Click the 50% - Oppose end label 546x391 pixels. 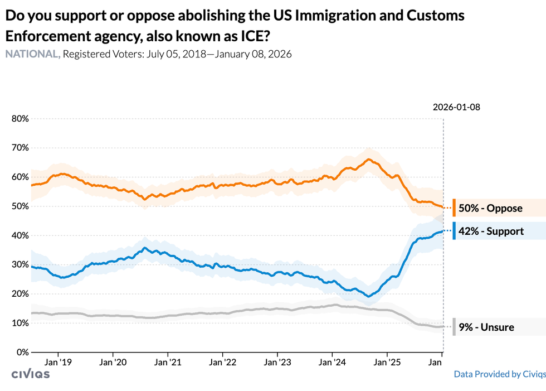pyautogui.click(x=490, y=208)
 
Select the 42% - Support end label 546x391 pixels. pyautogui.click(x=491, y=231)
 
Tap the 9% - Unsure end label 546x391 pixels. pyautogui.click(x=486, y=327)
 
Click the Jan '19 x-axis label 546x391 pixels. pyautogui.click(x=58, y=363)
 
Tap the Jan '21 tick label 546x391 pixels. pyautogui.click(x=168, y=363)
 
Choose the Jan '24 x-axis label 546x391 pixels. pyautogui.click(x=332, y=363)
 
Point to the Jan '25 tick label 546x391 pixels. pyautogui.click(x=387, y=363)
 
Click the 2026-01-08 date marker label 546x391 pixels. pyautogui.click(x=456, y=107)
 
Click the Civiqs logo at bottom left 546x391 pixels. pyautogui.click(x=31, y=374)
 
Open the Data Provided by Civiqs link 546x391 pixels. pyautogui.click(x=500, y=374)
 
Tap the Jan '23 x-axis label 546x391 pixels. pyautogui.click(x=277, y=363)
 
